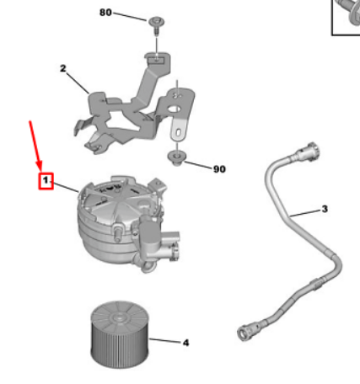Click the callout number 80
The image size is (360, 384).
(x=105, y=13)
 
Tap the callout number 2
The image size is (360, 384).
(x=63, y=68)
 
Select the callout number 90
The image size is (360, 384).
(x=219, y=169)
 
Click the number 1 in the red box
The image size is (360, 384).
(x=46, y=180)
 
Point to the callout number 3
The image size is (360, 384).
(x=325, y=209)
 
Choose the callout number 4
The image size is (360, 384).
(x=185, y=343)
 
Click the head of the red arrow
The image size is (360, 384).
(x=40, y=166)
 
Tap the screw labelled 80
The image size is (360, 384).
(x=156, y=25)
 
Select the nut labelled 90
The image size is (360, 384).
(x=175, y=158)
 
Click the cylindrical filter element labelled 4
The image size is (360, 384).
(x=120, y=335)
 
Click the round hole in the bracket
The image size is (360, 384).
(x=175, y=109)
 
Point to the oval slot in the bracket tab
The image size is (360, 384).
(x=179, y=132)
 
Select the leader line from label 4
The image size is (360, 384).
(x=165, y=341)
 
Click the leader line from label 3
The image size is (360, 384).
(x=305, y=213)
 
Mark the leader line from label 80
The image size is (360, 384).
(x=130, y=17)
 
